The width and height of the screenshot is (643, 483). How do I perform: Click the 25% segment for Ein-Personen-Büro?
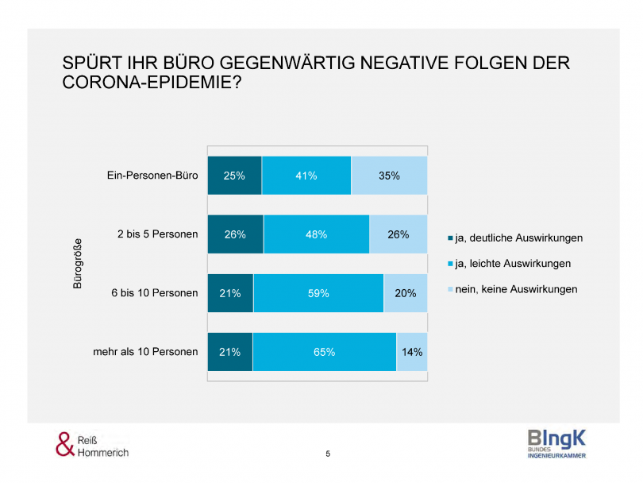coord(234,176)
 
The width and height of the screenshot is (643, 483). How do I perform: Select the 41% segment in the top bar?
coord(306,176)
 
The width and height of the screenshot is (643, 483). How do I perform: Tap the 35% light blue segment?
coord(389,176)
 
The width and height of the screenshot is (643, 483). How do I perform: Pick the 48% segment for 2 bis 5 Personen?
coord(317,234)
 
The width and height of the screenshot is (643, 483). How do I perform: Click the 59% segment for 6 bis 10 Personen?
coord(318,292)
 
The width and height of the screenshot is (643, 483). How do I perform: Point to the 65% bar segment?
coord(324,351)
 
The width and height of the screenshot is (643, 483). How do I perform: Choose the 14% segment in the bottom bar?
coord(412,351)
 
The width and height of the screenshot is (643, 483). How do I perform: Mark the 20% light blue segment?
coord(405,292)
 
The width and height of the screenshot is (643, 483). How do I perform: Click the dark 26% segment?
coord(235,234)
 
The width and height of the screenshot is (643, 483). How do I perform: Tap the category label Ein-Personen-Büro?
coord(152,176)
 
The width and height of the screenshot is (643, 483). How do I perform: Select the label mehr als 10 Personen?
coord(144,351)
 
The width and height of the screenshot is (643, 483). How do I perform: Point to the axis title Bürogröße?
coord(78,263)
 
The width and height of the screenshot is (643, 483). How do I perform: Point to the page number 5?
coord(328,454)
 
